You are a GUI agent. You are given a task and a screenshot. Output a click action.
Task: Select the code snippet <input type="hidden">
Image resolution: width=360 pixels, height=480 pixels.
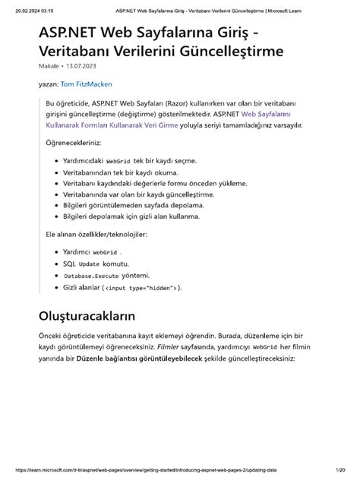(x=142, y=289)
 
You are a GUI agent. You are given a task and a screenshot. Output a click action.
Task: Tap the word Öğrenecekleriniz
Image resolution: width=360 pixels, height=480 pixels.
(x=74, y=143)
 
